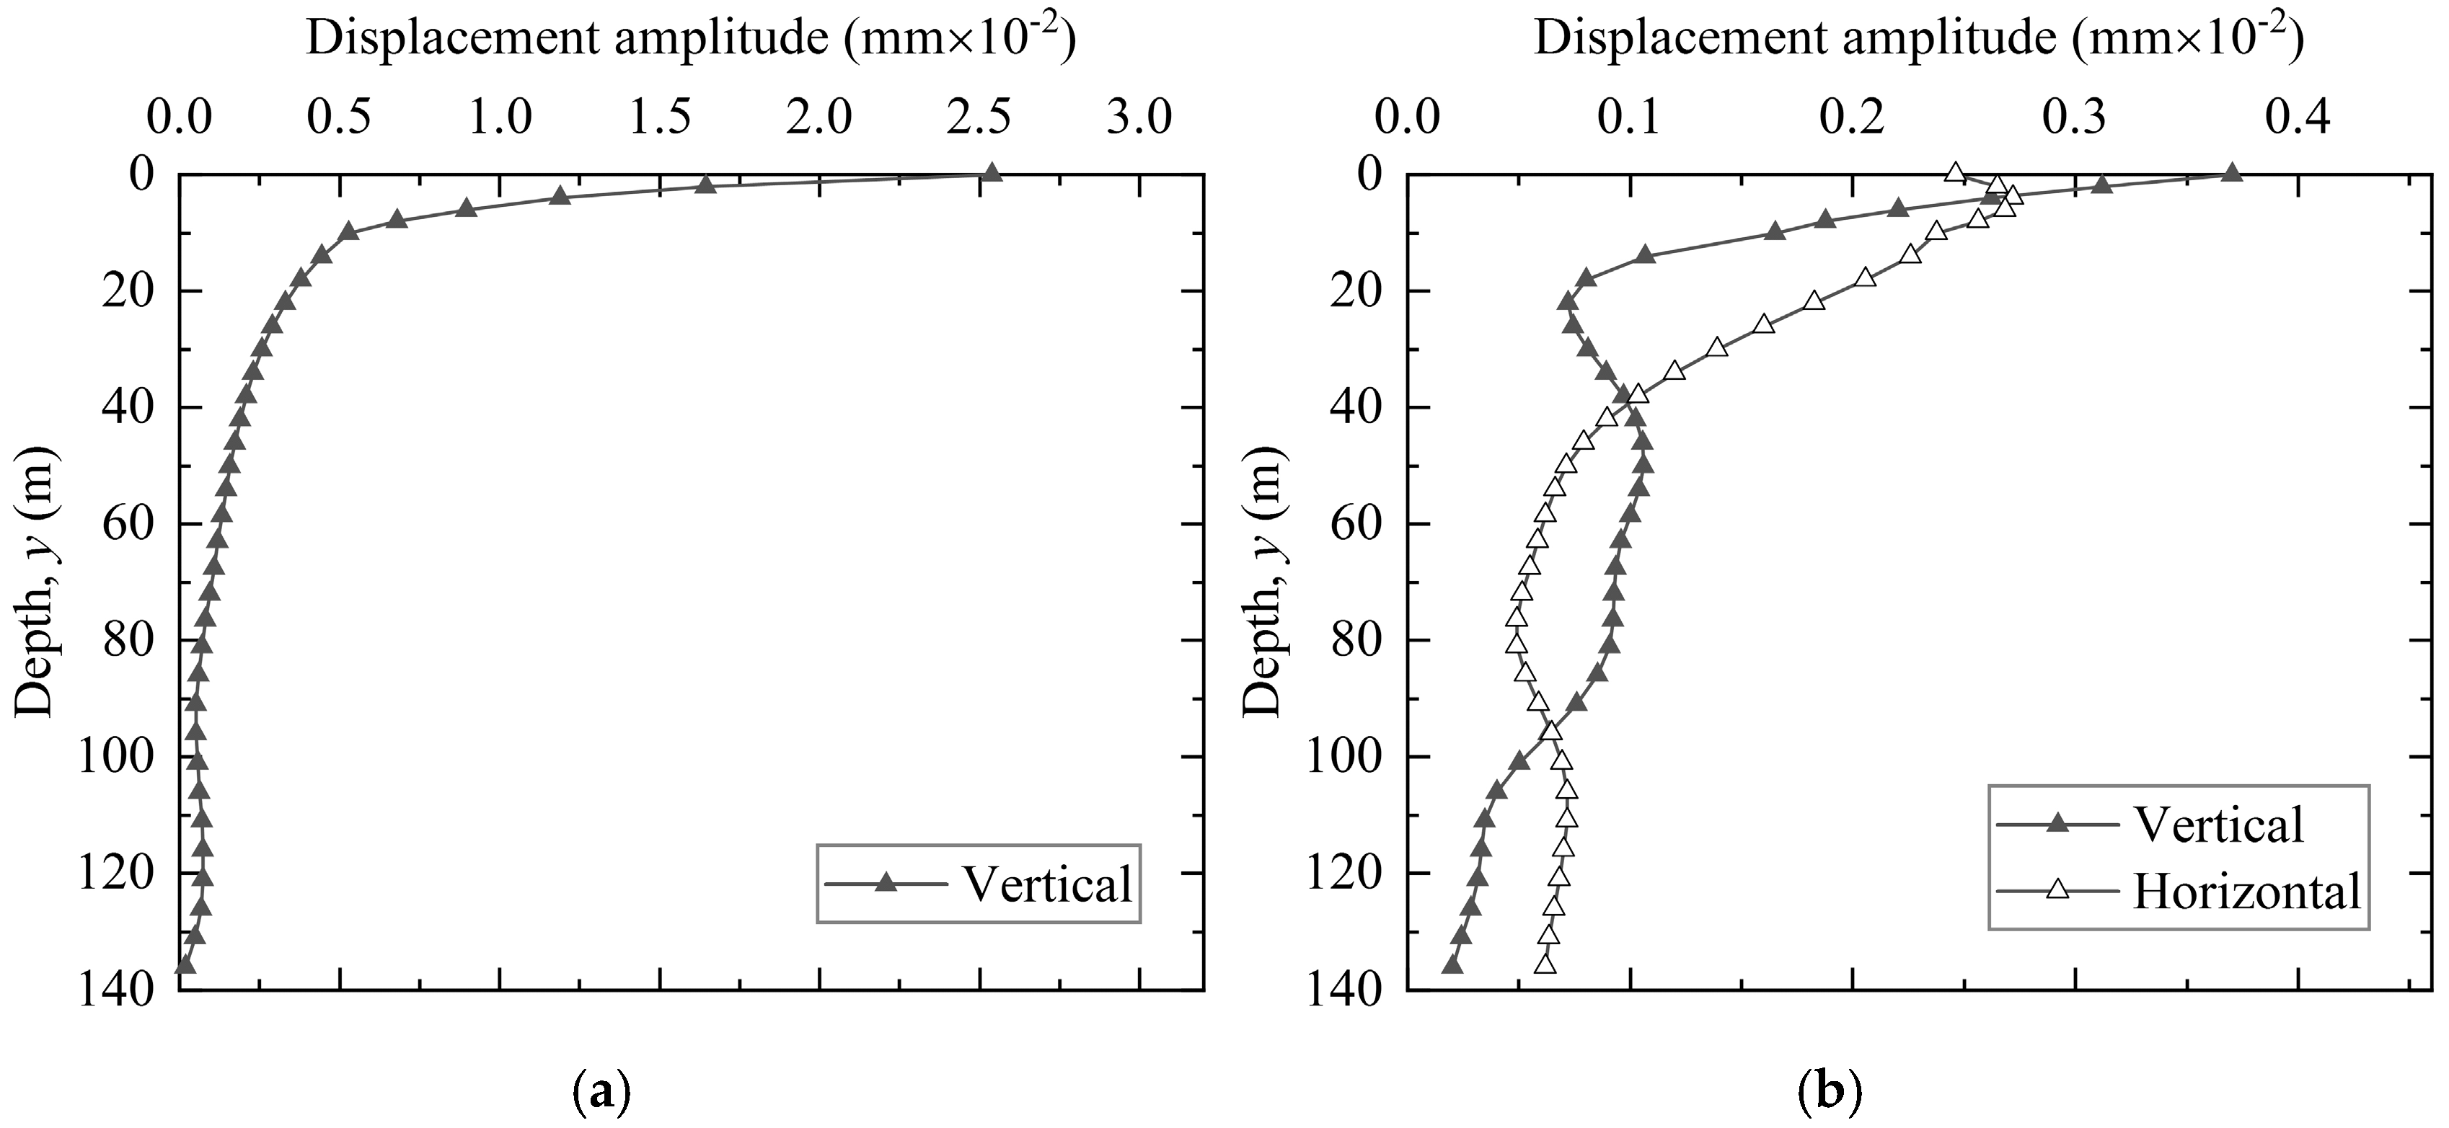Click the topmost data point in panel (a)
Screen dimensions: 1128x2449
[x=992, y=173]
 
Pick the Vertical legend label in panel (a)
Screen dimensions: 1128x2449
[x=1046, y=884]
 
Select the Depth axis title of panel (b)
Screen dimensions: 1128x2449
[x=1263, y=582]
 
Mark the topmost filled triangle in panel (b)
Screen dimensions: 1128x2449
[x=2232, y=173]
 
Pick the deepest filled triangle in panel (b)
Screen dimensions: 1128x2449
[x=1452, y=964]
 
